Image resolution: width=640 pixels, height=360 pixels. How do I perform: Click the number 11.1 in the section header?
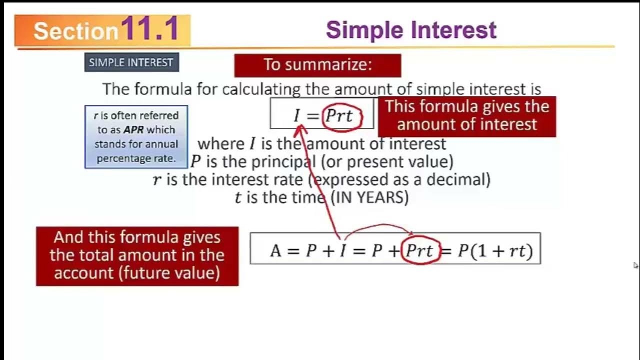pyautogui.click(x=149, y=29)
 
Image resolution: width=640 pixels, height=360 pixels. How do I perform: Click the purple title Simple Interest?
pyautogui.click(x=411, y=30)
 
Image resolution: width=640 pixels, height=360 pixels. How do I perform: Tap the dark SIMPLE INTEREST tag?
pyautogui.click(x=131, y=62)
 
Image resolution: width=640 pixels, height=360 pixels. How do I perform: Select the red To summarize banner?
pyautogui.click(x=317, y=65)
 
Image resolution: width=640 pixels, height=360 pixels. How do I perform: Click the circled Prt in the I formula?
pyautogui.click(x=340, y=116)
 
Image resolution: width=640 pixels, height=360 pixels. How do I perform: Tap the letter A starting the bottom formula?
pyautogui.click(x=275, y=250)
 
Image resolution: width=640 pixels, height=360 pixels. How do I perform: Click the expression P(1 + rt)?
pyautogui.click(x=495, y=250)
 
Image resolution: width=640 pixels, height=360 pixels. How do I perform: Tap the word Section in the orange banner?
pyautogui.click(x=75, y=31)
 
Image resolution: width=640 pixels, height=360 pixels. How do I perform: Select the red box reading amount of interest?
pyautogui.click(x=466, y=115)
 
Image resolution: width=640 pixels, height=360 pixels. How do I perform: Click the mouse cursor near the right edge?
pyautogui.click(x=635, y=265)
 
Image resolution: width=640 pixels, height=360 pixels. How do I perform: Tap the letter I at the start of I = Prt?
pyautogui.click(x=297, y=116)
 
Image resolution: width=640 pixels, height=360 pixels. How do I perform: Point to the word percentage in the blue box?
pyautogui.click(x=121, y=158)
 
